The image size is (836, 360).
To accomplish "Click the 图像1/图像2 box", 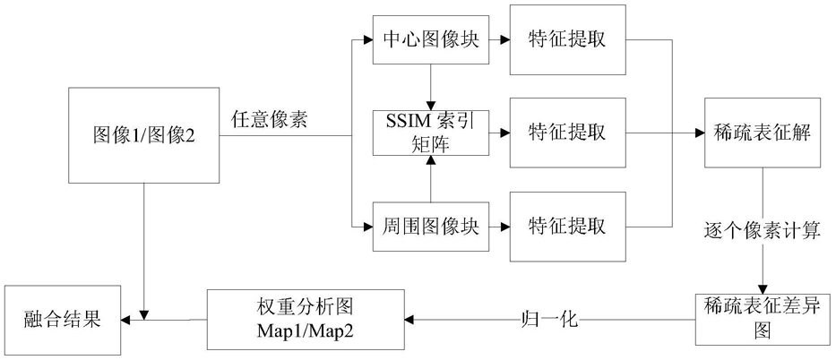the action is [x=144, y=135].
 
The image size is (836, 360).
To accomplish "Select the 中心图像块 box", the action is [x=431, y=39].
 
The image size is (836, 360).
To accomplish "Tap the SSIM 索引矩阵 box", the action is [x=431, y=133].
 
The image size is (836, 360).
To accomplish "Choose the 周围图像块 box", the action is [x=431, y=227].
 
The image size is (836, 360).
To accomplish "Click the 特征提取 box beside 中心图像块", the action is [x=567, y=39].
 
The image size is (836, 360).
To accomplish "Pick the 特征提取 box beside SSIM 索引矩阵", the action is [x=567, y=133].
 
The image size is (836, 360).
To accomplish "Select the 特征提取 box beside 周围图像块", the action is [x=567, y=227].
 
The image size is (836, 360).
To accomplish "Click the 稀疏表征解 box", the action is [x=762, y=133].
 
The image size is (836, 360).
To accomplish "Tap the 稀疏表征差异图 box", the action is [x=762, y=319].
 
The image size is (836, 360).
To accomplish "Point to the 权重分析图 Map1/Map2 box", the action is [x=306, y=319].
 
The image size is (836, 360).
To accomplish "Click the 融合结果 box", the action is [x=63, y=320].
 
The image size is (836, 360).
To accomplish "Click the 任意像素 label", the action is [x=269, y=120].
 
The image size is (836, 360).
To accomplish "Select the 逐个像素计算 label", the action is [x=762, y=232].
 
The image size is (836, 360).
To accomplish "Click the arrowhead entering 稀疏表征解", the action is [x=700, y=133].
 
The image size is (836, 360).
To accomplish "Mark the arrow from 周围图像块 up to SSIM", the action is [x=431, y=179].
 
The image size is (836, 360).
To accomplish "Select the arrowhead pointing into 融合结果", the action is [x=126, y=320].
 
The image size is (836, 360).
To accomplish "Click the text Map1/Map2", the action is [x=306, y=331].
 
